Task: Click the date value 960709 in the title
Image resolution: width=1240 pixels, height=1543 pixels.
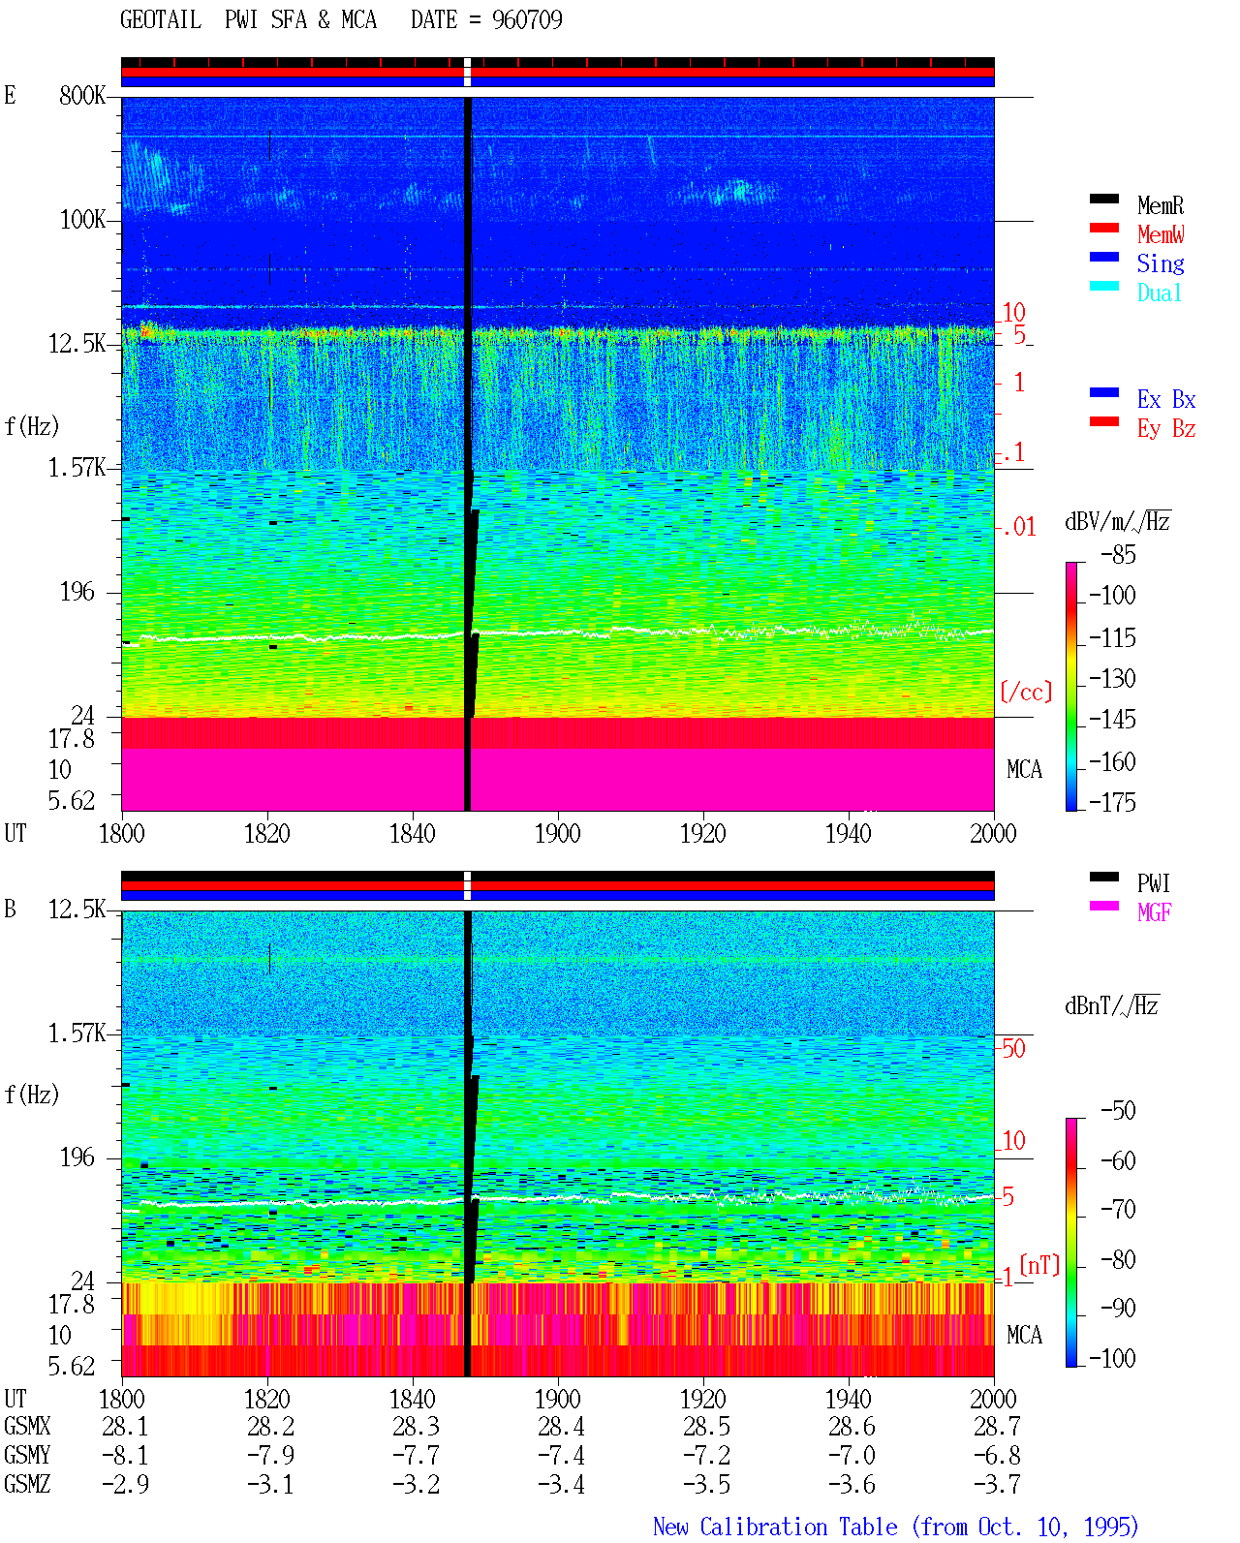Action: tap(527, 19)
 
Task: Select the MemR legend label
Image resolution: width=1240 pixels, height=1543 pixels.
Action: tap(1160, 205)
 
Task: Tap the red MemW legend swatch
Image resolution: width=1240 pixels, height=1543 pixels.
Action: tap(1103, 228)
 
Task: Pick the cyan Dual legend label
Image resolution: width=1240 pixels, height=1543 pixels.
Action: tap(1159, 293)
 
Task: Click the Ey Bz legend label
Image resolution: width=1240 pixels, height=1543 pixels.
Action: tap(1165, 428)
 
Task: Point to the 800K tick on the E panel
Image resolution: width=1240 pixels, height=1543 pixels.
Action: tap(82, 95)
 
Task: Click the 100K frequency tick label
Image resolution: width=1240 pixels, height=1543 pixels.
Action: tap(82, 220)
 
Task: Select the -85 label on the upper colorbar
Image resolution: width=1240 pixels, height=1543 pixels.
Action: tap(1118, 554)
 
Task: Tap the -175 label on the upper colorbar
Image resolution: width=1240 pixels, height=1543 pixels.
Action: tap(1112, 802)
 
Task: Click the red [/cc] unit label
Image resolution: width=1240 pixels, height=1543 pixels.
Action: tap(1026, 692)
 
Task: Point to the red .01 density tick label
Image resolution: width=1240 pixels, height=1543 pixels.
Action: tap(1018, 527)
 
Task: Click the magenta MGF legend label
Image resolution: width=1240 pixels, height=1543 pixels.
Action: tap(1154, 912)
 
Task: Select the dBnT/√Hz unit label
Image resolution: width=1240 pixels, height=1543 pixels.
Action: tap(1112, 1005)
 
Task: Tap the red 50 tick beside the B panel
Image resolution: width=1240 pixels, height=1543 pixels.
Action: tap(1013, 1048)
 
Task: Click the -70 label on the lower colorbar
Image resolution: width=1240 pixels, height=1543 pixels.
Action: tap(1118, 1209)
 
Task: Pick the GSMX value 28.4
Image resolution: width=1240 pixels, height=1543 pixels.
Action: tap(561, 1426)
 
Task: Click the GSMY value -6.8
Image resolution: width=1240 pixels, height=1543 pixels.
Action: tap(996, 1455)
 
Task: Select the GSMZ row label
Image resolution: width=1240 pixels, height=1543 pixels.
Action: tap(27, 1484)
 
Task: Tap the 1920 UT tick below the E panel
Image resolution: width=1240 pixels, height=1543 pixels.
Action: tap(703, 833)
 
